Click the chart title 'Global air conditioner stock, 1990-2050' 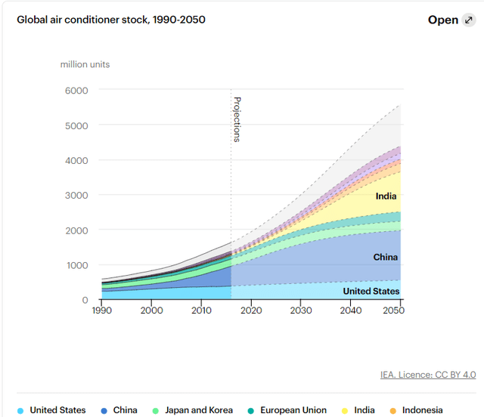click(x=111, y=20)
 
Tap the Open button click(x=443, y=20)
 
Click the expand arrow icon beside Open click(x=470, y=20)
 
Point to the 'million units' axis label click(x=85, y=64)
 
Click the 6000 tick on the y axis click(x=76, y=91)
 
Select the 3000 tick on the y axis click(x=76, y=195)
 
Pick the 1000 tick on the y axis click(x=76, y=265)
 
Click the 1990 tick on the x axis click(x=101, y=310)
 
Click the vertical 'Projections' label click(x=236, y=119)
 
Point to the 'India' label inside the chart click(x=386, y=196)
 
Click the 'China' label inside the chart click(x=385, y=258)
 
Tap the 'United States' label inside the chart click(x=371, y=291)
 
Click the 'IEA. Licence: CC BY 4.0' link click(x=428, y=375)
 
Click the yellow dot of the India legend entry click(x=345, y=410)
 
